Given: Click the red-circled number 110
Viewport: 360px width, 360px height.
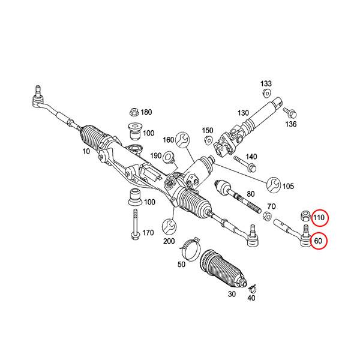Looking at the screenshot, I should (x=319, y=217).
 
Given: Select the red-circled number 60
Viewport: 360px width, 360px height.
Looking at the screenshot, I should (x=318, y=241).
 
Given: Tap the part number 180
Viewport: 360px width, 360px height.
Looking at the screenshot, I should (x=146, y=113).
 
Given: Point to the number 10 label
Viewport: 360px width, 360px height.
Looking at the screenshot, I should (x=87, y=153).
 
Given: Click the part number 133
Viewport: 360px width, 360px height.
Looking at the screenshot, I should (x=266, y=83).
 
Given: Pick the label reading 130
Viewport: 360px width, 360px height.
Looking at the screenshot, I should (x=242, y=113).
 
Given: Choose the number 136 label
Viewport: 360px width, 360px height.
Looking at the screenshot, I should (x=291, y=125).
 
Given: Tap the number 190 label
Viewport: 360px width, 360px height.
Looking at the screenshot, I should (x=156, y=156).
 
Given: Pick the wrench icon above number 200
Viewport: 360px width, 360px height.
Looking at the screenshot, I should (x=169, y=227).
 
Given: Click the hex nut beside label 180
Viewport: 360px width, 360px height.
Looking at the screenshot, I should (x=134, y=112).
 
